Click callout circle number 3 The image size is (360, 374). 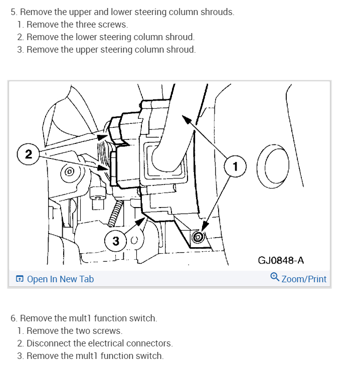[x=116, y=241]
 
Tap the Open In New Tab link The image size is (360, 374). [x=60, y=279]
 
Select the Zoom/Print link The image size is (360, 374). [x=304, y=279]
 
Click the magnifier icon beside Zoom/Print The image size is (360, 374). [x=274, y=277]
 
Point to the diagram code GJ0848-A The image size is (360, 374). [x=280, y=260]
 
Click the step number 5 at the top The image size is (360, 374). [x=13, y=12]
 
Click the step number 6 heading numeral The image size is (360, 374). [x=13, y=318]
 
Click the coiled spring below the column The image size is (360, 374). [x=116, y=216]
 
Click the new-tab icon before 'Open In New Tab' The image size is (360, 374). [x=20, y=279]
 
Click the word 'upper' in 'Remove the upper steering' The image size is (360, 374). [x=88, y=50]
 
